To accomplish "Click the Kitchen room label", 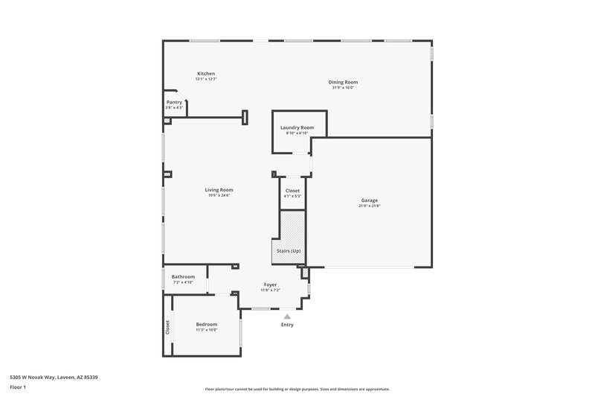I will tap(206, 74).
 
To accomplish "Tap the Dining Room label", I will tap(343, 82).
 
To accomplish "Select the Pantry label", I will tap(174, 102).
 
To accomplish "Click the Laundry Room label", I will tap(297, 127).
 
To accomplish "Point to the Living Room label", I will tap(219, 190).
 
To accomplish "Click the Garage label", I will tap(370, 200).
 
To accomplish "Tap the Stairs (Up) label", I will tap(290, 250).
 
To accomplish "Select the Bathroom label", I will tap(183, 276).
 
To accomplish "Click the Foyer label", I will tap(271, 285).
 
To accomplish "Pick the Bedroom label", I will tap(207, 324).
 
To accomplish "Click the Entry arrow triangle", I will tap(287, 316).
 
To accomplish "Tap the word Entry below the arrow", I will tap(287, 325).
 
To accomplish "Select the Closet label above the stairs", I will tap(293, 191).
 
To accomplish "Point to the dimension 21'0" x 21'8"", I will tap(370, 206).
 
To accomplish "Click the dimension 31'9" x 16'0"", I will tap(343, 88).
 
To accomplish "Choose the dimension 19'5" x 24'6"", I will tap(219, 196).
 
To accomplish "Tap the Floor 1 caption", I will tap(17, 387).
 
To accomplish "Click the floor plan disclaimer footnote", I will tap(297, 389).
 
